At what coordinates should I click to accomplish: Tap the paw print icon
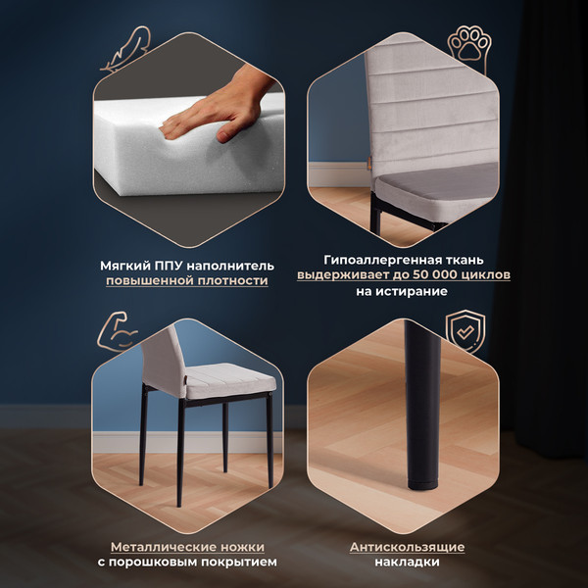pos(467,45)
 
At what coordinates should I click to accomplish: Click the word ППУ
pos(170,266)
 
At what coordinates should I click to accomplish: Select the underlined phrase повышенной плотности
pos(187,281)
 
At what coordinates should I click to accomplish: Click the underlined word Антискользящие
pos(407,547)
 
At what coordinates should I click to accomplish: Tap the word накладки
pos(407,563)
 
